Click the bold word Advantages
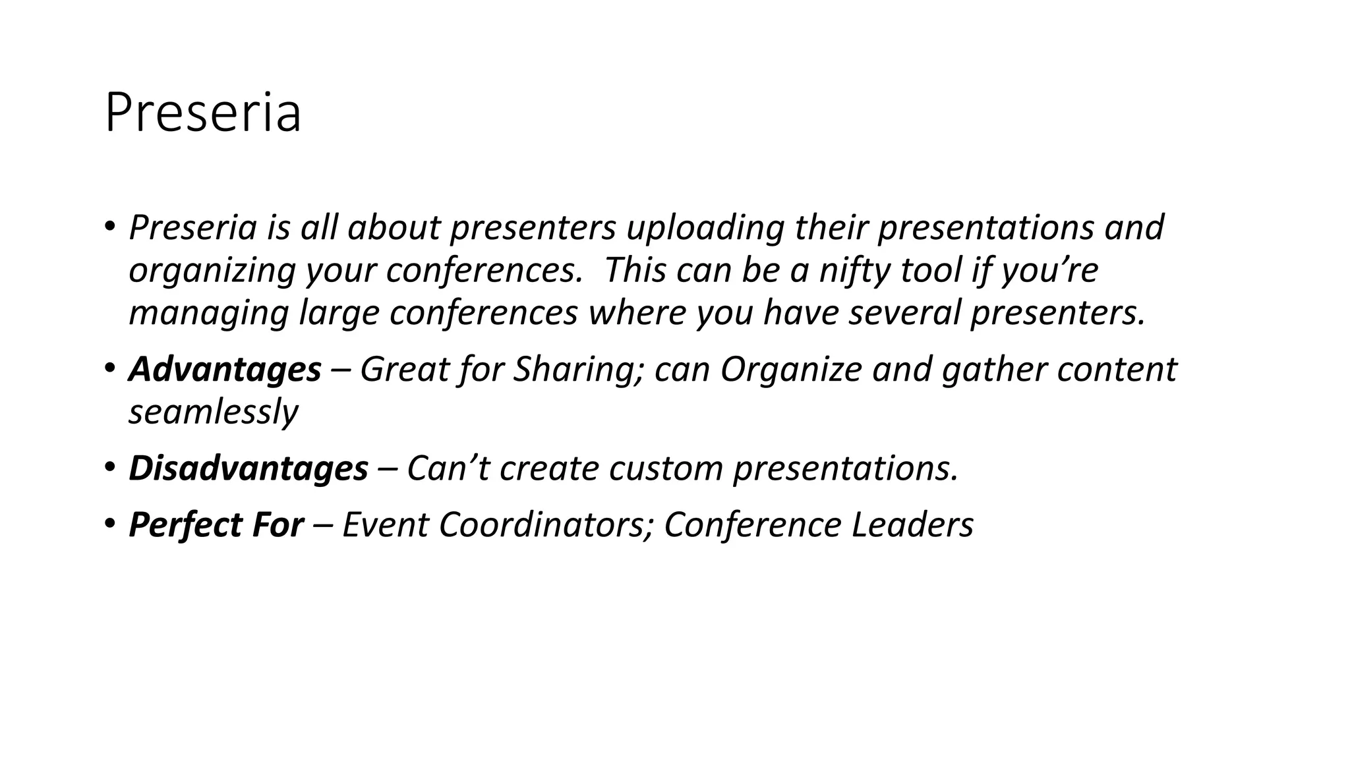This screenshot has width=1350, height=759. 225,369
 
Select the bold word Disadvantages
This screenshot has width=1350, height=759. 248,468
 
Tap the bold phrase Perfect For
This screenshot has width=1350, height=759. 216,525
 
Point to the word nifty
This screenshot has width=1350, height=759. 854,271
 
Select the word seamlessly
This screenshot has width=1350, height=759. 213,412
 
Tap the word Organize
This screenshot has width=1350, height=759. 790,369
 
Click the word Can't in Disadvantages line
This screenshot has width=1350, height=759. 448,468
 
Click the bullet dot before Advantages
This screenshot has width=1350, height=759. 109,367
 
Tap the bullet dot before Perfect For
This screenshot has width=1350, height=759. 109,523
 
